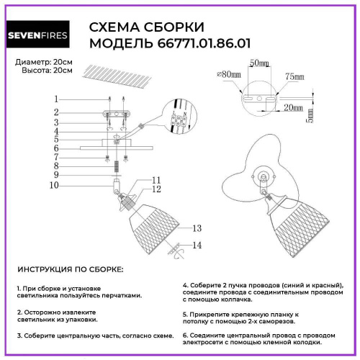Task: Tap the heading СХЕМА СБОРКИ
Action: pyautogui.click(x=145, y=27)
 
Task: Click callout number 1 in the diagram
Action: pyautogui.click(x=55, y=99)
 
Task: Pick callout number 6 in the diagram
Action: pyautogui.click(x=55, y=148)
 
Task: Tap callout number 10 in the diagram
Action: pyautogui.click(x=55, y=184)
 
